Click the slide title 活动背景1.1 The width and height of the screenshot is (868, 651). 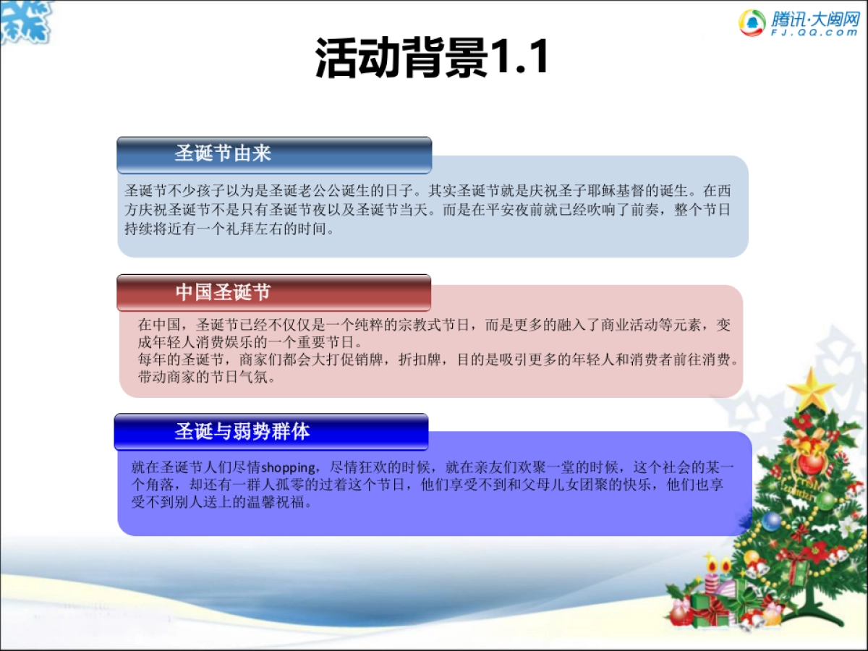pyautogui.click(x=432, y=57)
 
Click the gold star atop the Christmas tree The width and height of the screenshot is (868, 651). pyautogui.click(x=812, y=389)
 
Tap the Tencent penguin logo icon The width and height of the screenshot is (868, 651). pyautogui.click(x=752, y=22)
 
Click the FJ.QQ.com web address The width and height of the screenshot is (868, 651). pyautogui.click(x=814, y=33)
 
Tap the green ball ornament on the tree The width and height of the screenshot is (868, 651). pyautogui.click(x=826, y=500)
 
